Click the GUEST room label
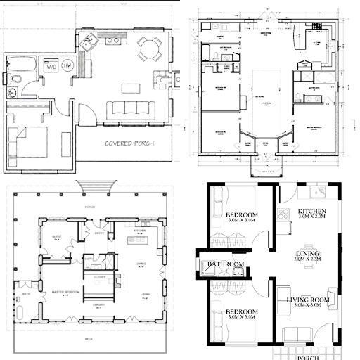click(58, 236)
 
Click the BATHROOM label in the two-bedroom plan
click(225, 264)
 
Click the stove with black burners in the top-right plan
click(317, 27)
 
